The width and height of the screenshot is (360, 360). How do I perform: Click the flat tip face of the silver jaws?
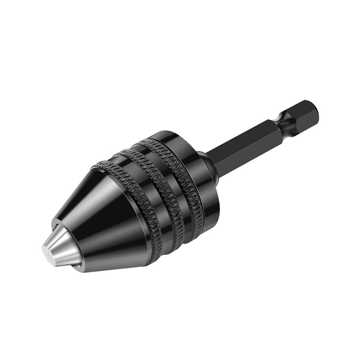(46, 253)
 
